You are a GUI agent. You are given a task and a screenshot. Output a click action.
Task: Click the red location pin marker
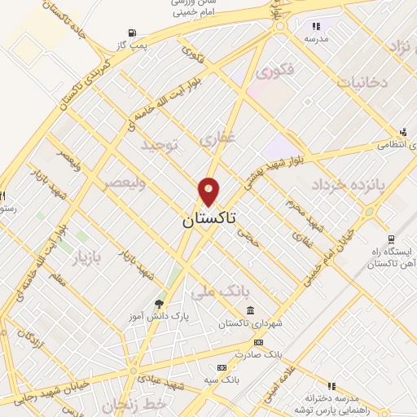(208, 191)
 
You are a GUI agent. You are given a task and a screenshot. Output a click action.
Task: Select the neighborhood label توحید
(160, 145)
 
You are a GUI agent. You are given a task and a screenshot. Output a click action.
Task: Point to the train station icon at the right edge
(392, 239)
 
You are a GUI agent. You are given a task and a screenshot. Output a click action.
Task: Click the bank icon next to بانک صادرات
(259, 343)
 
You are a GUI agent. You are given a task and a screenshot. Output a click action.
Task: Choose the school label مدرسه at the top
(316, 38)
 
